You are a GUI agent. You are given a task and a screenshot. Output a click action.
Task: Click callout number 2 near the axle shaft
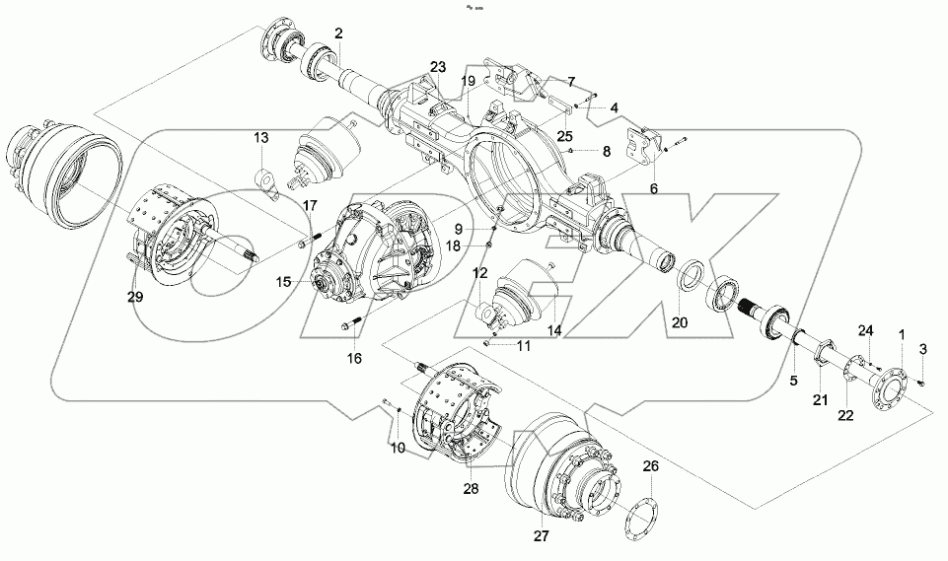click(338, 35)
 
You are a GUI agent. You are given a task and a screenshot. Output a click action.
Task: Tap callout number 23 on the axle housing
click(438, 67)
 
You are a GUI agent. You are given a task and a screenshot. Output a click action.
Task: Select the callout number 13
click(260, 137)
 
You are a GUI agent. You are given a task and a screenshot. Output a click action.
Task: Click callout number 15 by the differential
click(284, 282)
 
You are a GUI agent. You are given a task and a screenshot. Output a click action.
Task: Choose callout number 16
click(354, 359)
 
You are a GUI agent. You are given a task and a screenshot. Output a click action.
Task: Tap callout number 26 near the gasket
click(648, 466)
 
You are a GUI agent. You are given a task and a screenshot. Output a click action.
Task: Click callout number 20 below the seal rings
click(680, 323)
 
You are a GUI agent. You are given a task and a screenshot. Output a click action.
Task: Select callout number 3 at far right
click(923, 348)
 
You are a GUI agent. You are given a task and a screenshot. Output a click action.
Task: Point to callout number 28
click(472, 489)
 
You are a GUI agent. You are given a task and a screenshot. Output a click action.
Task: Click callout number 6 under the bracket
click(654, 188)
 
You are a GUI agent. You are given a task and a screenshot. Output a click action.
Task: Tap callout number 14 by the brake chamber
click(554, 330)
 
